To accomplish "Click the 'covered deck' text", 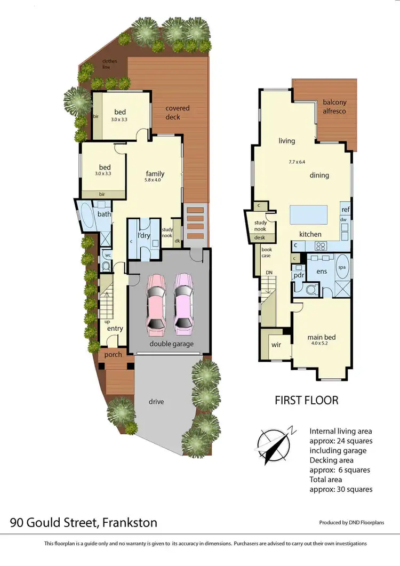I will [x=177, y=113].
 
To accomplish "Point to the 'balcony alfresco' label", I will [x=334, y=107].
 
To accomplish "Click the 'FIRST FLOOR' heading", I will [x=306, y=400].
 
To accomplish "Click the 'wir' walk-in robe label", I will [x=276, y=345].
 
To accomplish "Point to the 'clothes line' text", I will [x=109, y=65].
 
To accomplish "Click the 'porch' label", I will [x=113, y=354].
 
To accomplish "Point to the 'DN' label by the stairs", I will [x=269, y=273].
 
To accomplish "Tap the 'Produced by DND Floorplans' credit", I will [x=351, y=523].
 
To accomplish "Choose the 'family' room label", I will [x=155, y=173].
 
